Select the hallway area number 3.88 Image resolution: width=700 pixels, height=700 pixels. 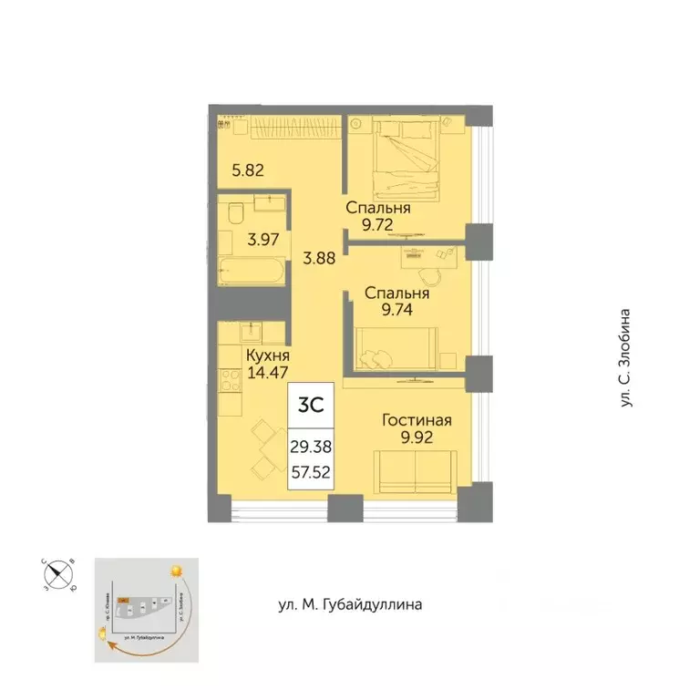tap(319, 257)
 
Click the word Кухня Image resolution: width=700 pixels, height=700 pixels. tap(267, 355)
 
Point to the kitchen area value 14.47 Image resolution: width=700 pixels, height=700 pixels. tap(266, 372)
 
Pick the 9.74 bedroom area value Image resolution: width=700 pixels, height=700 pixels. tap(396, 309)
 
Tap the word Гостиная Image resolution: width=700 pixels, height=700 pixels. tap(417, 420)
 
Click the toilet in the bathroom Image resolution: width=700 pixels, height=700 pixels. tap(235, 213)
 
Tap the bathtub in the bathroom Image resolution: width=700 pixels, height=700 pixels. tap(252, 271)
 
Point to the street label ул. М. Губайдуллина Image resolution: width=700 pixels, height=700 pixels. tap(350, 604)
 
